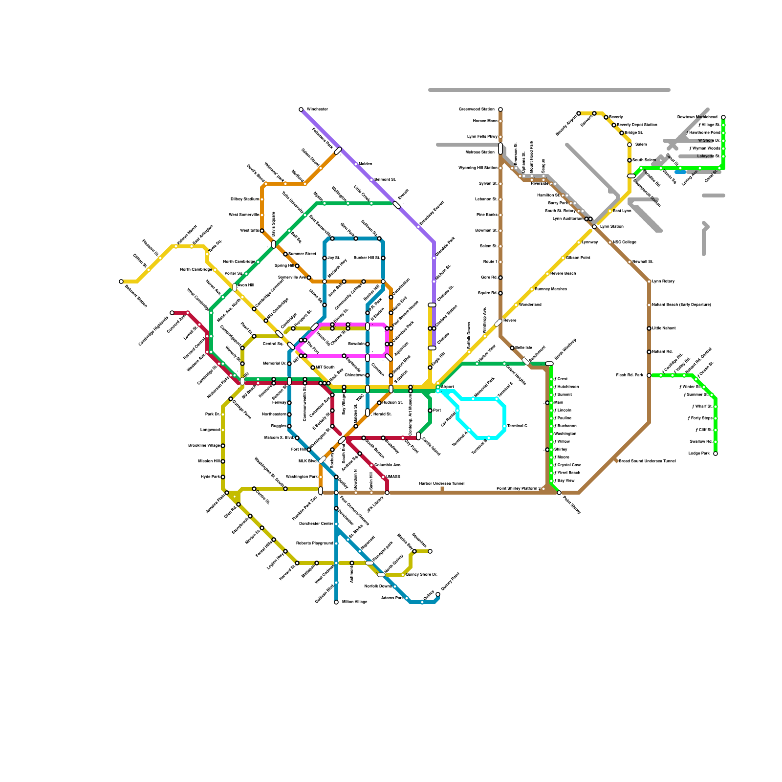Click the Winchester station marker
pyautogui.click(x=301, y=109)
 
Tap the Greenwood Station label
pyautogui.click(x=477, y=109)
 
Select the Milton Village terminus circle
pyautogui.click(x=336, y=602)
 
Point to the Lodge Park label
pyautogui.click(x=699, y=454)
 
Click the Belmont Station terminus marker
pyautogui.click(x=121, y=282)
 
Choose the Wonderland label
pyautogui.click(x=530, y=305)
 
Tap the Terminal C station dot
pyautogui.click(x=504, y=426)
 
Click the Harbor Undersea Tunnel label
pyautogui.click(x=442, y=484)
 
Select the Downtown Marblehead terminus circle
pyautogui.click(x=723, y=117)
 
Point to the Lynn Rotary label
pyautogui.click(x=663, y=282)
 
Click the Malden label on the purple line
pyautogui.click(x=366, y=164)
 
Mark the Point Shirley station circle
pyautogui.click(x=559, y=493)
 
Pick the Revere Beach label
pyautogui.click(x=563, y=274)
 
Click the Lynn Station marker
pyautogui.click(x=594, y=227)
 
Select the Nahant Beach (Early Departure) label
pyautogui.click(x=681, y=305)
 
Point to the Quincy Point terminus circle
pyautogui.click(x=438, y=594)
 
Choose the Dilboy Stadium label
pyautogui.click(x=244, y=199)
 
